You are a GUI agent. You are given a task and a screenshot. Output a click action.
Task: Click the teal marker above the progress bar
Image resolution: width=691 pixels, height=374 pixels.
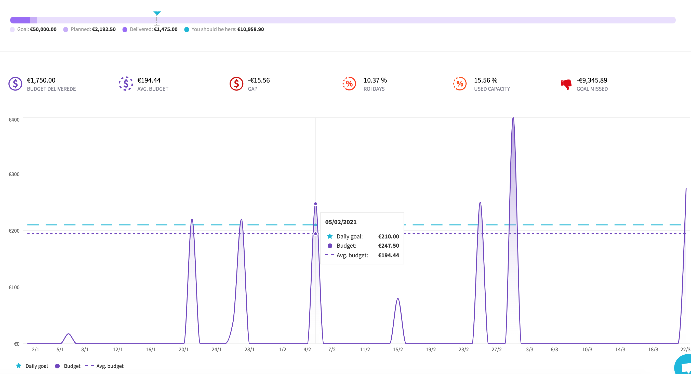point(157,13)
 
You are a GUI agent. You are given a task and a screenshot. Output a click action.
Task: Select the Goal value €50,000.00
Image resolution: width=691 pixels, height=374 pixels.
point(43,29)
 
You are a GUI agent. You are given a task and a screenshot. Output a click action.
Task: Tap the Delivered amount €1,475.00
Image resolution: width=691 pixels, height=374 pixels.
point(166,29)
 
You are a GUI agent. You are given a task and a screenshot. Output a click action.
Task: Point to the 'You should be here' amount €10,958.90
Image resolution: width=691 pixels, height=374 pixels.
point(250,29)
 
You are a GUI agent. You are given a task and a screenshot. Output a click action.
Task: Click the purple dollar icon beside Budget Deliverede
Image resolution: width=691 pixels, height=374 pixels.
point(15,84)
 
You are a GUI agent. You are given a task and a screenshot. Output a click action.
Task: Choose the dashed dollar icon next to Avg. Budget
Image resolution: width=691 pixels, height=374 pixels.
point(126,84)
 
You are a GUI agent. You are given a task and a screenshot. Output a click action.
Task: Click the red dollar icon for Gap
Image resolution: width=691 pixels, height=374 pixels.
point(236,84)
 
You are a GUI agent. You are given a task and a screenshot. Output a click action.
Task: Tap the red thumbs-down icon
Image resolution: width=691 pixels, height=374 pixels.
point(566,84)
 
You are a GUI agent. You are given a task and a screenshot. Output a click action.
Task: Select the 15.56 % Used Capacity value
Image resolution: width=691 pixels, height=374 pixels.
point(486,80)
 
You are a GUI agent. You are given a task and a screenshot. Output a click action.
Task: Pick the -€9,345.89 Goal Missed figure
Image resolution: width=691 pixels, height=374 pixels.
point(592,80)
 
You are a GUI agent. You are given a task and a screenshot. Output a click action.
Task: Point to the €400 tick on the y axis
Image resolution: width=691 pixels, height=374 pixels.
point(14,120)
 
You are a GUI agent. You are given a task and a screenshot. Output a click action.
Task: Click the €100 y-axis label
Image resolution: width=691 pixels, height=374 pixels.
point(14,287)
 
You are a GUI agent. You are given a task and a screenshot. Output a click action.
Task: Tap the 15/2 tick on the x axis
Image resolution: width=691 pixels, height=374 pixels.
point(398,350)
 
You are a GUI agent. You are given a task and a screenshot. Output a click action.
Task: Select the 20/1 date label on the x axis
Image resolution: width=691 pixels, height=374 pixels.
point(184,350)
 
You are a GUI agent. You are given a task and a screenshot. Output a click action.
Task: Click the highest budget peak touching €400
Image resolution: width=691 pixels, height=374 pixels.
point(513,118)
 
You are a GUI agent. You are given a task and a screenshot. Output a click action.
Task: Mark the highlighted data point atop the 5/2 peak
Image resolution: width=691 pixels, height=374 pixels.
point(315,204)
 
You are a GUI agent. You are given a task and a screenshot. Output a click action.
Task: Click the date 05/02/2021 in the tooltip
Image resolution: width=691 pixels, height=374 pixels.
point(341,222)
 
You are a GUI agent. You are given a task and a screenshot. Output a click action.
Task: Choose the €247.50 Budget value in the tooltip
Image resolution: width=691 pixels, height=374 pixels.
point(388,246)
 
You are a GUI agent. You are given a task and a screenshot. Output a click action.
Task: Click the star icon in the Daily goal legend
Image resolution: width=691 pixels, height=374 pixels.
point(19,366)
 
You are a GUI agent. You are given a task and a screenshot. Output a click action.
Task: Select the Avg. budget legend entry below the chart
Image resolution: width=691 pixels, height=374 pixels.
point(104,366)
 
